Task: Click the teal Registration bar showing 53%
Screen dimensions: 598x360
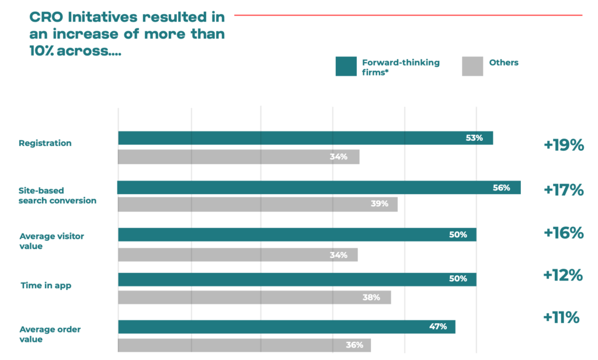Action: (305, 138)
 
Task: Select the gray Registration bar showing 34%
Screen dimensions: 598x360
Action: (239, 157)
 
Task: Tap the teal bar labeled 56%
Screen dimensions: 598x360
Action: (319, 188)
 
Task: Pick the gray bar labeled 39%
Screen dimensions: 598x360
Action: (258, 204)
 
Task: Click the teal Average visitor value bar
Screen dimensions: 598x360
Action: (297, 234)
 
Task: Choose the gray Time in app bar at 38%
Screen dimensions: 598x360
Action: (255, 297)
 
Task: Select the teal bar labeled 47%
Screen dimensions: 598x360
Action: (287, 327)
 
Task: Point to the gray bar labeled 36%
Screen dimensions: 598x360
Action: (245, 345)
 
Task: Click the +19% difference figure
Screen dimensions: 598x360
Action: (564, 145)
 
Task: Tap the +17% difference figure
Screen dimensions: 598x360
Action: (564, 190)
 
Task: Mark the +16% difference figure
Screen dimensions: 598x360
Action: (564, 233)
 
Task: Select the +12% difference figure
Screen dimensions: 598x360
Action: (563, 275)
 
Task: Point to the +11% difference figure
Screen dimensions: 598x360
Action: (561, 317)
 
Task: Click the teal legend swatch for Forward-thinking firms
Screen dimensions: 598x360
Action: (346, 67)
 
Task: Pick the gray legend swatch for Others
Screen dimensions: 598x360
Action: (472, 67)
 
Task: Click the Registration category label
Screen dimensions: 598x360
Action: (45, 143)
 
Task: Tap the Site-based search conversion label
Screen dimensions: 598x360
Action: (58, 195)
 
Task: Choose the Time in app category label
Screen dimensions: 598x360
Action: (46, 286)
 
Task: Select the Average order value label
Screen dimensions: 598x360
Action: (50, 334)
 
